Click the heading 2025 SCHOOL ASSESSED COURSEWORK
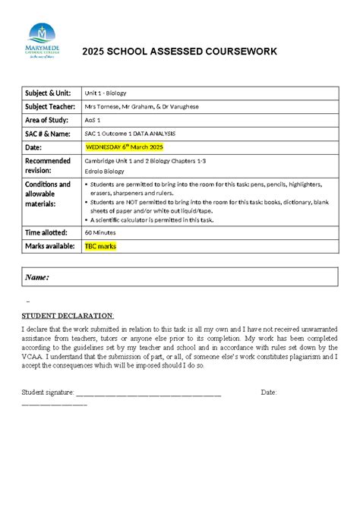tap(180, 52)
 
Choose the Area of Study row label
tap(47, 120)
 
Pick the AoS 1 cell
tap(94, 120)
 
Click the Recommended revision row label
tap(48, 166)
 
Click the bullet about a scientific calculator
tap(151, 219)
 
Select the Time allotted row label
tap(47, 232)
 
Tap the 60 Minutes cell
tap(99, 232)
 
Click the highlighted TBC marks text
tap(100, 246)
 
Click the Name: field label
tap(37, 277)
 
